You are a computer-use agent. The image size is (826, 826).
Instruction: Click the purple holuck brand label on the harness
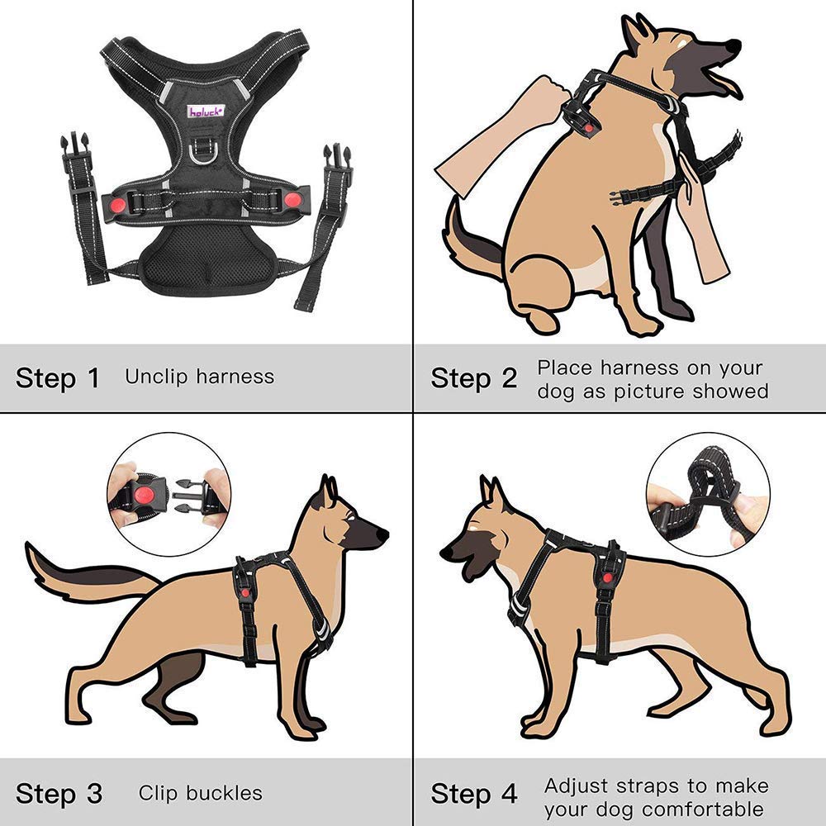201,111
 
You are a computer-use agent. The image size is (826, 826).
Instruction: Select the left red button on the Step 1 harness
116,202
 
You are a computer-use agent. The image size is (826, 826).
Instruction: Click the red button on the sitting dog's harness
587,126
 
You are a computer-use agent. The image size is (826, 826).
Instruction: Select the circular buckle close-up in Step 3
169,495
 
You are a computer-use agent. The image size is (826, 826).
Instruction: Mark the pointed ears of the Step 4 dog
493,495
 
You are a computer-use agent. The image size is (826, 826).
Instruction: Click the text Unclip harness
199,377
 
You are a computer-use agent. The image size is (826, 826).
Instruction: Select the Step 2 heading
473,378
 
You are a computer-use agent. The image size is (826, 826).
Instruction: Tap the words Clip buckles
200,794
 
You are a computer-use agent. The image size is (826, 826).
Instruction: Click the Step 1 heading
58,378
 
